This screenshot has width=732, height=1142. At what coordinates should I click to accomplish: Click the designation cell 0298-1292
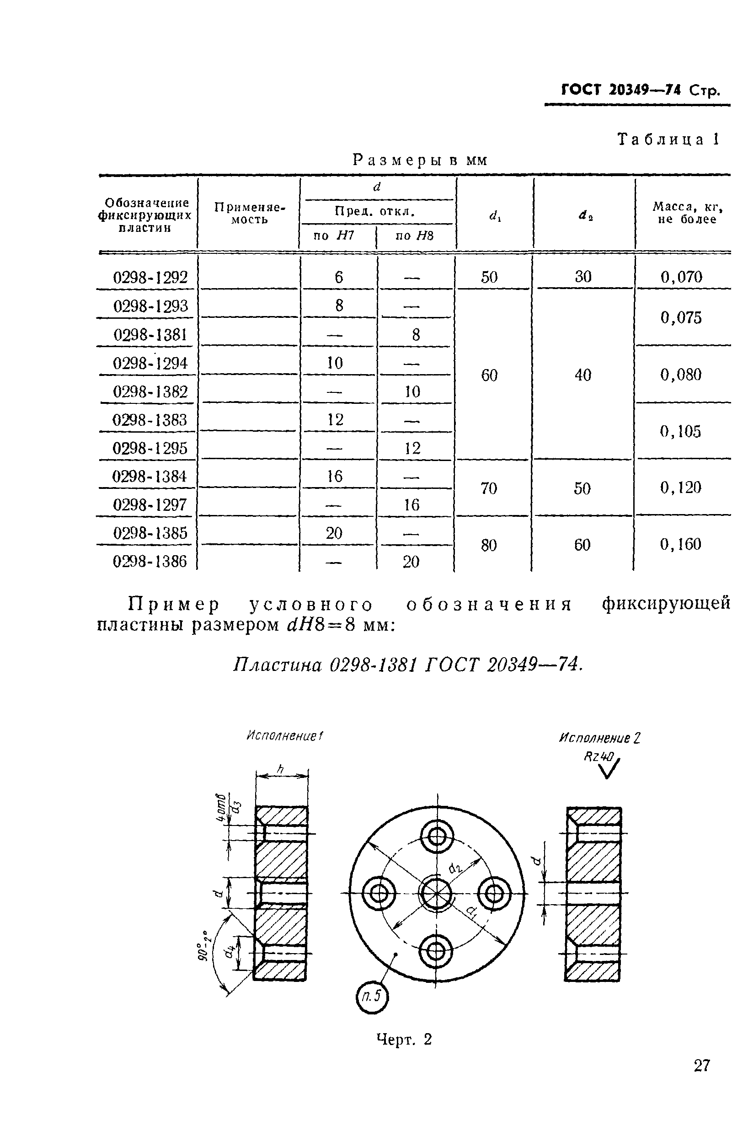point(150,277)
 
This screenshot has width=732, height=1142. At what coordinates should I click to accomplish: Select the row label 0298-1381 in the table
point(150,335)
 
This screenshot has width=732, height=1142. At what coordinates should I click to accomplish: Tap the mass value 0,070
point(681,277)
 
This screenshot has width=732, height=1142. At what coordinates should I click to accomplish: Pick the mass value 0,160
point(680,544)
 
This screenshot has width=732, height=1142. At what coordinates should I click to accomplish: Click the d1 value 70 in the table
point(489,488)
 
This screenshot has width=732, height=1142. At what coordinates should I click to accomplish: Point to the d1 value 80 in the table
point(489,545)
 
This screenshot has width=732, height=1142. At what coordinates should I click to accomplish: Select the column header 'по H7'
point(334,236)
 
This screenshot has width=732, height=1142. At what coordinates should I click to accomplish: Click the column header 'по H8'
point(415,236)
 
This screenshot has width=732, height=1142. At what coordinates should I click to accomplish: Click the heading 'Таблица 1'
point(668,139)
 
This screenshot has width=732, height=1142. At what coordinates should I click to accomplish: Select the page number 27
point(701,1066)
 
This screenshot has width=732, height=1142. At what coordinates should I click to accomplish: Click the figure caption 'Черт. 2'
point(404,1039)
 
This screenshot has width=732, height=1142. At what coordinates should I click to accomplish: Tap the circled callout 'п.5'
point(372,996)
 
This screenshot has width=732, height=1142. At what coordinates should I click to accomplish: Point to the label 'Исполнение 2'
point(599,738)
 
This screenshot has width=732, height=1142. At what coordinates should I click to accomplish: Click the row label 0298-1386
point(150,562)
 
